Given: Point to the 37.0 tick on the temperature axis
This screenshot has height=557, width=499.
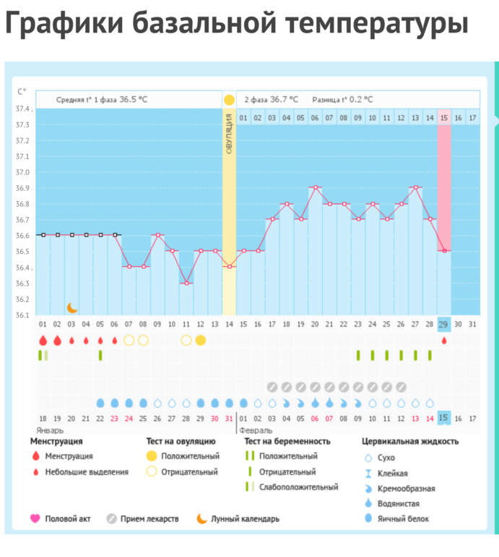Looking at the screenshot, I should [23, 172].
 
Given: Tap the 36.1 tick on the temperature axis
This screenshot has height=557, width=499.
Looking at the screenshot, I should [23, 315].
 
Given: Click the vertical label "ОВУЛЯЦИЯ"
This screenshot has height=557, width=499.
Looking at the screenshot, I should [229, 133].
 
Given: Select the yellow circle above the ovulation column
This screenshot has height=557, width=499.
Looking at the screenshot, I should [229, 99].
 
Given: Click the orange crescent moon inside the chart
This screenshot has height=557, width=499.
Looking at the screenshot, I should [71, 307].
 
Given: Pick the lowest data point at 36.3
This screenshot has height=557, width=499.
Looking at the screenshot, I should [186, 283].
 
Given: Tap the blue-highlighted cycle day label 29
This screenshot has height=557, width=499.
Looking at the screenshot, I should [443, 325].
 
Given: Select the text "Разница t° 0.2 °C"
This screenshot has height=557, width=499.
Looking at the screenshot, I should [342, 99].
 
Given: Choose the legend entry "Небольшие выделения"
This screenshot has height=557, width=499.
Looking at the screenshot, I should [87, 472].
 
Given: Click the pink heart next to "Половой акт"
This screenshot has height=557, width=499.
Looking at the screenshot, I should [35, 518].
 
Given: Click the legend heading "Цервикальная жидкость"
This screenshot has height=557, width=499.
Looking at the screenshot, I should [409, 441].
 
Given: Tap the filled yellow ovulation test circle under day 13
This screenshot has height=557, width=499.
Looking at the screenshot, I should [200, 340].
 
